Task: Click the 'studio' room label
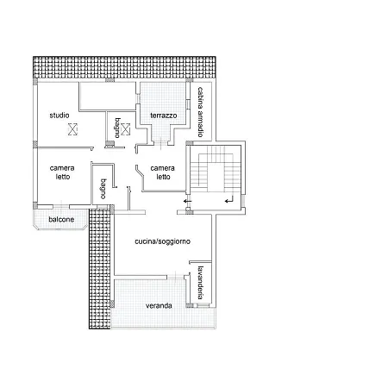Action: point(59,116)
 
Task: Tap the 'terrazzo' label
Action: point(164,116)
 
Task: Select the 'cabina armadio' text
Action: point(201,112)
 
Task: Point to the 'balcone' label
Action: point(61,220)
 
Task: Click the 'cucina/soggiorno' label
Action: point(162,241)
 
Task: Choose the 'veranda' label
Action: point(159,306)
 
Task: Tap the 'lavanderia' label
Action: point(201,283)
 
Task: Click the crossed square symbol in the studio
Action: point(72,129)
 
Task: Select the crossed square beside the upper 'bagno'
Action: point(125,129)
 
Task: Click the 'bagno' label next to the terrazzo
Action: point(117,128)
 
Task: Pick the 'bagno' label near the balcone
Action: point(103,189)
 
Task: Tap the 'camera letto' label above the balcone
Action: point(62,172)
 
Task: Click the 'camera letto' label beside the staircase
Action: point(162,172)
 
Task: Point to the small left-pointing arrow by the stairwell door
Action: point(187,201)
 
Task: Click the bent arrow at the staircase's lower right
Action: point(229,199)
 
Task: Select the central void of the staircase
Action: point(216,177)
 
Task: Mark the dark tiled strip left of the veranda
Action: point(100,268)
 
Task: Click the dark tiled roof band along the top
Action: point(124,67)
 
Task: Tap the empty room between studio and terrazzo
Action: point(108,97)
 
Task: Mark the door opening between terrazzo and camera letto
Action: point(160,143)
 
